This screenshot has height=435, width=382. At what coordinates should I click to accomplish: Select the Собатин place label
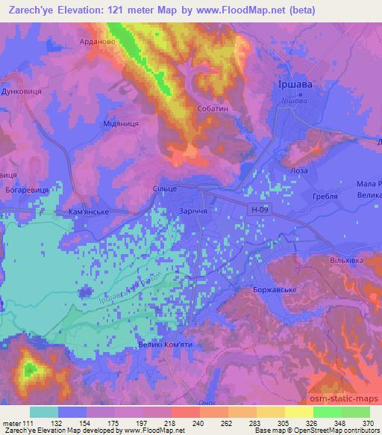click(x=215, y=108)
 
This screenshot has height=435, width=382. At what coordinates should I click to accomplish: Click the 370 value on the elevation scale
click(x=367, y=423)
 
